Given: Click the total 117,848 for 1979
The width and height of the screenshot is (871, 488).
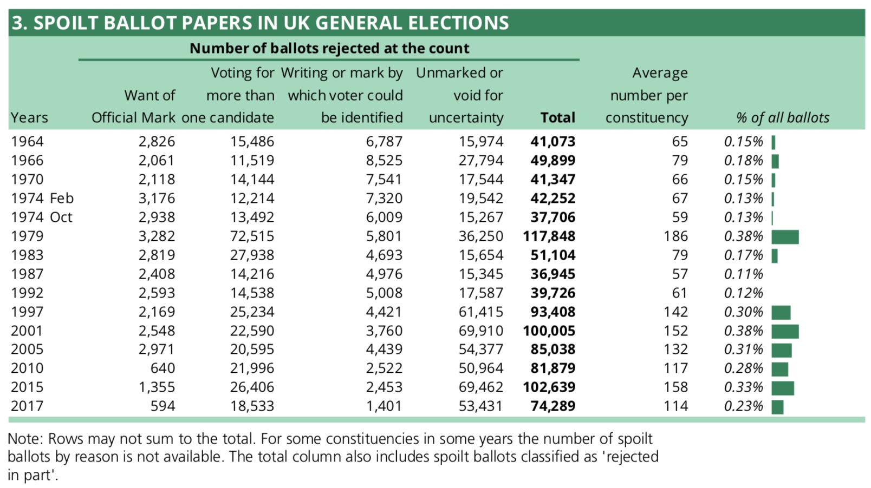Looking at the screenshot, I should (x=549, y=236).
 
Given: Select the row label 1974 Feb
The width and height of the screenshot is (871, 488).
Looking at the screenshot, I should (x=42, y=199).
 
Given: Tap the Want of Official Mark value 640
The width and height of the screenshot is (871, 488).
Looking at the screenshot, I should (x=162, y=368).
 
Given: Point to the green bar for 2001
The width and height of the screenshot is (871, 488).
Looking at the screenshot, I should (x=785, y=331).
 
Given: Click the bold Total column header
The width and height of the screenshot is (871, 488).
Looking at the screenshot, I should (x=557, y=118).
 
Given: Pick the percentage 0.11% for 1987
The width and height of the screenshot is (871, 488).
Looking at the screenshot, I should (x=743, y=274).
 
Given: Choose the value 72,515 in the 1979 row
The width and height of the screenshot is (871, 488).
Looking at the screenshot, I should (x=252, y=236).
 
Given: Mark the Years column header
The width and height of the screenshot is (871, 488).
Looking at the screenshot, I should (x=29, y=118).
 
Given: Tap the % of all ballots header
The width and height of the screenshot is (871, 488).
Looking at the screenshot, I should (x=782, y=118).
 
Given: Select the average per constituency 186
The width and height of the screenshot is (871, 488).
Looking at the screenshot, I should (x=675, y=236).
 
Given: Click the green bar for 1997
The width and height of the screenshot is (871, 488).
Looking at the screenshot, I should (x=781, y=312).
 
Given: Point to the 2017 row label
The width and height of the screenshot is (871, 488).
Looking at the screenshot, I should (x=27, y=406).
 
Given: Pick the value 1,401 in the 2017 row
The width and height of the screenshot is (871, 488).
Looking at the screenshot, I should (x=384, y=406).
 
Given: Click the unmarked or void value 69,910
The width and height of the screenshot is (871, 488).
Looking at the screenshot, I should (x=480, y=331).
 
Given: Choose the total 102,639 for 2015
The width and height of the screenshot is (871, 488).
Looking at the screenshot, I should (x=549, y=387).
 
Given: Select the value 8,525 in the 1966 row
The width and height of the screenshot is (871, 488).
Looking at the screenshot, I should (x=384, y=161).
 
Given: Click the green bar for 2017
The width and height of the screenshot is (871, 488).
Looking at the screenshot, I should (x=777, y=407).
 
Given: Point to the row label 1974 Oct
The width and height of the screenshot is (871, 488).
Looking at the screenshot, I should (x=42, y=217).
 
